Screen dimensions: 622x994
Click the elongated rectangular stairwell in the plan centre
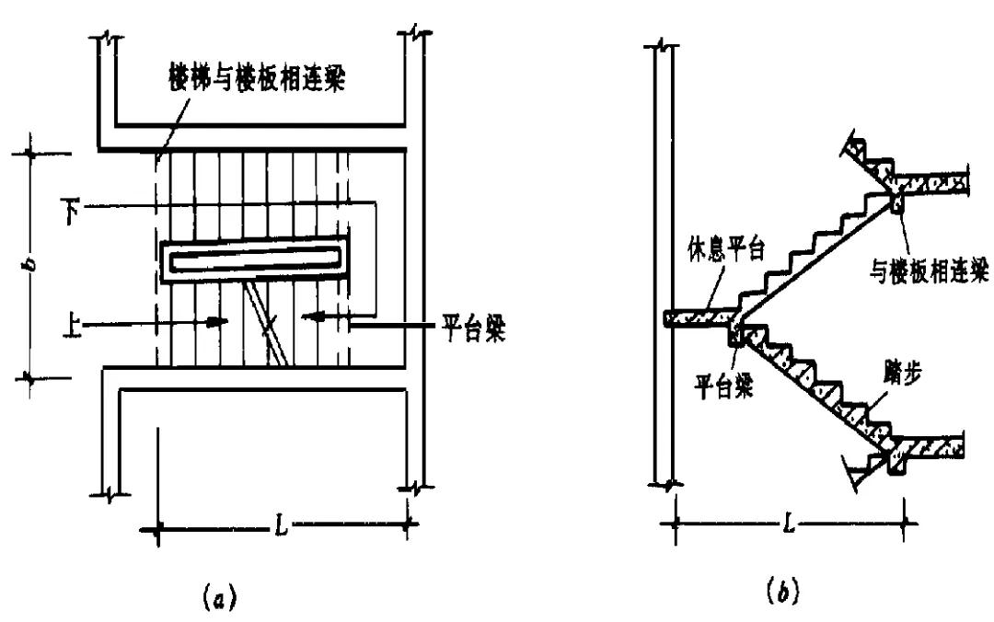(254, 259)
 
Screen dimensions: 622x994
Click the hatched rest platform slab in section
(698, 319)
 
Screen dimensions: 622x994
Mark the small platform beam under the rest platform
(734, 336)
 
